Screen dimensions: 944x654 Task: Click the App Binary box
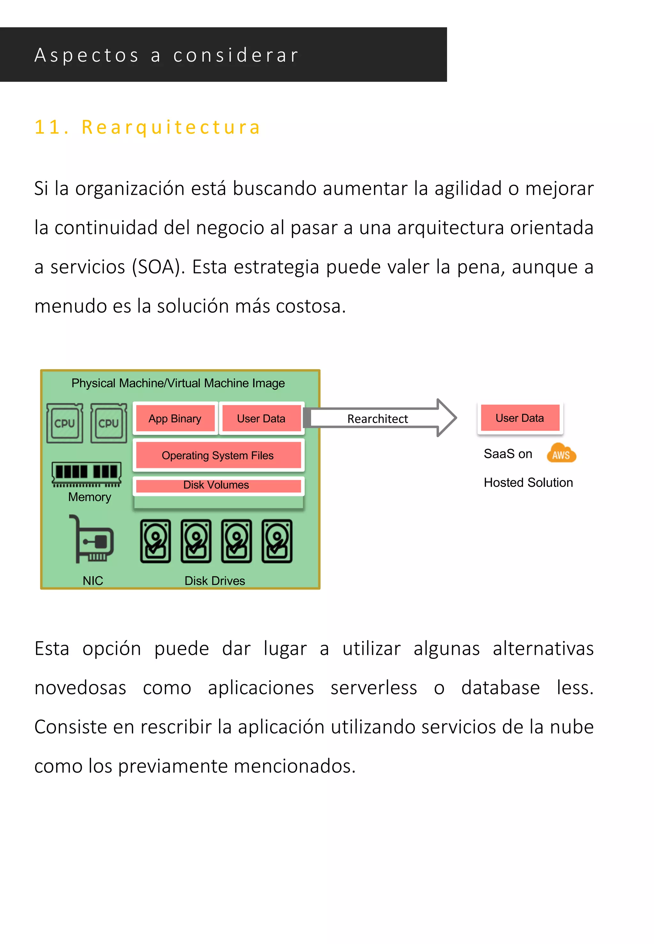(175, 418)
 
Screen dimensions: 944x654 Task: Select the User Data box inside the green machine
(261, 418)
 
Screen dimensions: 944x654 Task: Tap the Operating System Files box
(217, 455)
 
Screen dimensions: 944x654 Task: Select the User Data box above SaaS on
(520, 418)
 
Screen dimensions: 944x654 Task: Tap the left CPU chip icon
(65, 423)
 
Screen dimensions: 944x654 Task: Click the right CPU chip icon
(109, 423)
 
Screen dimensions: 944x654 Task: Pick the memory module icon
(87, 474)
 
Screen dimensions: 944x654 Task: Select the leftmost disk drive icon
(155, 541)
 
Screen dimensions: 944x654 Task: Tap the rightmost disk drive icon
(277, 541)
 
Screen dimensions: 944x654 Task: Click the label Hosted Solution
(528, 482)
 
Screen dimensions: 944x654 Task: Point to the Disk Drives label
(215, 581)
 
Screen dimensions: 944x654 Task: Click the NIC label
(93, 581)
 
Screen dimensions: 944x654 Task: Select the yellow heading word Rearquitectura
(171, 127)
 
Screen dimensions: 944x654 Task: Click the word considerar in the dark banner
(236, 55)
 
